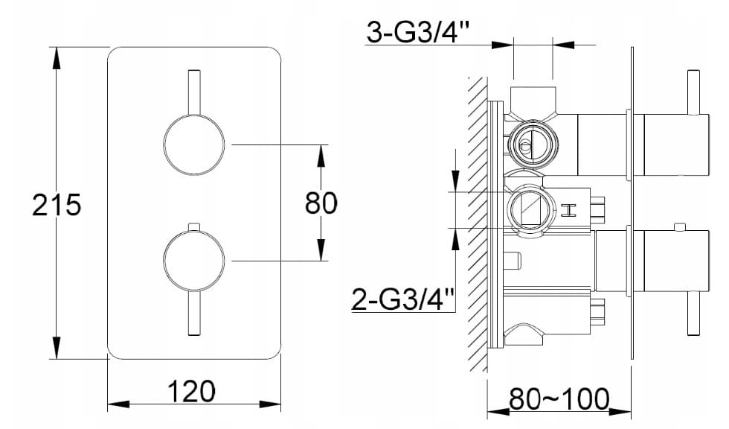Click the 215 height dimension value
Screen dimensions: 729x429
[x=57, y=204]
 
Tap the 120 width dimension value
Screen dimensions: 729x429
[x=191, y=391]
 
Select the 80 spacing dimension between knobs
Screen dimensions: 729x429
[x=321, y=203]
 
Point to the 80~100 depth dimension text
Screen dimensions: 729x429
[x=559, y=398]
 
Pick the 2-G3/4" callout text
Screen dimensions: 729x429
[x=402, y=299]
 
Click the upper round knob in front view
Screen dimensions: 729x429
[x=194, y=145]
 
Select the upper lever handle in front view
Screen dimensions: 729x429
[x=194, y=92]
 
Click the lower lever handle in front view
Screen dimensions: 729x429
[x=194, y=313]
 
